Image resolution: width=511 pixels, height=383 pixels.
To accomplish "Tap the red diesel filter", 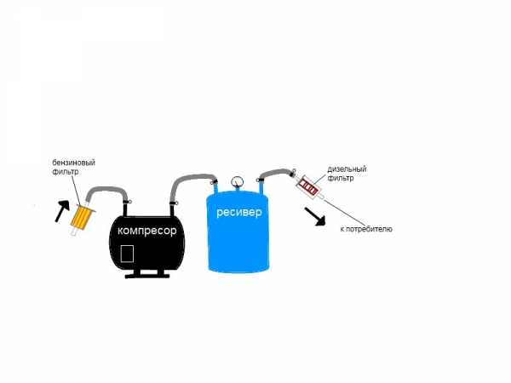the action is click(x=308, y=185).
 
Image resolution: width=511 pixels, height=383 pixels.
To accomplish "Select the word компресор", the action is click(x=147, y=231).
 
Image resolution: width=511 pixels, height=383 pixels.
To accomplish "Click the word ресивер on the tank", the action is click(x=238, y=213).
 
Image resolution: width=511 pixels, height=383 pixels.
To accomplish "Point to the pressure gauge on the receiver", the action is click(x=237, y=181).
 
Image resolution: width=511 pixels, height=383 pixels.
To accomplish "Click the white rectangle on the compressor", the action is click(x=127, y=254).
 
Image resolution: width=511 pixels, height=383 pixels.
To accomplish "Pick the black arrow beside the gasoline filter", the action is click(x=62, y=211).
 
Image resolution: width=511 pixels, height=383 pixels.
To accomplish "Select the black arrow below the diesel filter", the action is click(x=315, y=216).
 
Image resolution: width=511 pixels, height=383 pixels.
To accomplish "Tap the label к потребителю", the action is click(x=366, y=229).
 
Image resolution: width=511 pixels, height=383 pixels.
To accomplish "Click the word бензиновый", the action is click(x=73, y=163).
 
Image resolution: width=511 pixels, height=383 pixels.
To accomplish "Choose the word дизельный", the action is click(x=347, y=169).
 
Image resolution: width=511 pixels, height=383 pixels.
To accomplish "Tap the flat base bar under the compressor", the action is click(x=147, y=276).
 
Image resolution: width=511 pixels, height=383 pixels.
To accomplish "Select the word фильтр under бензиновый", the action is click(x=66, y=171).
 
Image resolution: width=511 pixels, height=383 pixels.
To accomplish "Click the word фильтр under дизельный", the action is click(x=341, y=178).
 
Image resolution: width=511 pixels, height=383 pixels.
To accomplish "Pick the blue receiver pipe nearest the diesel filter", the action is click(x=261, y=186).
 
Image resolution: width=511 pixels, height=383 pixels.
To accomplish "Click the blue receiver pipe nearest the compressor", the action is click(x=215, y=186).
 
